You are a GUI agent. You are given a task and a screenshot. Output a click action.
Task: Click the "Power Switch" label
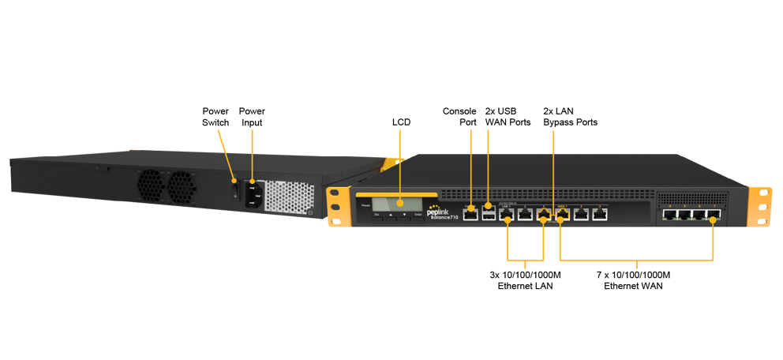215,117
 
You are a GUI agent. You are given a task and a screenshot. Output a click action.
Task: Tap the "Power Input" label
252,117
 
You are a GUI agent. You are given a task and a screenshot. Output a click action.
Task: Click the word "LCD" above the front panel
401,122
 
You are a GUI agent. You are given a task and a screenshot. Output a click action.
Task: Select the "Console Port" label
459,117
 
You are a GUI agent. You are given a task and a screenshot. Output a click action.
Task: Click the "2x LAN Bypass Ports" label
570,117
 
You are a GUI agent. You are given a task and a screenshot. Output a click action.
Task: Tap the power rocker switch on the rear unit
234,190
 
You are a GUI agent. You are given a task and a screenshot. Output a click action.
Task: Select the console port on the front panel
470,214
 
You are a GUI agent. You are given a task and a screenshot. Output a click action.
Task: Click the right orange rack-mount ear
759,207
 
